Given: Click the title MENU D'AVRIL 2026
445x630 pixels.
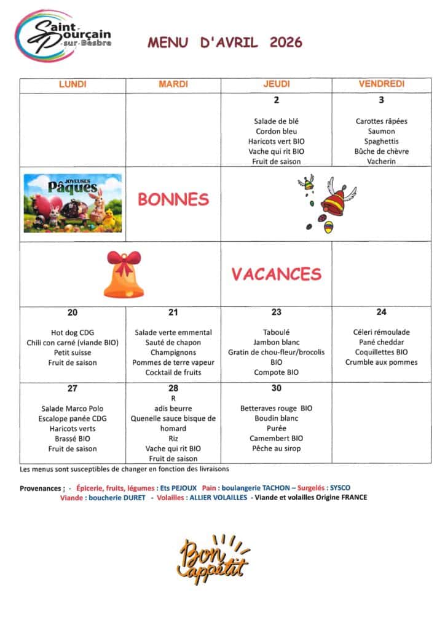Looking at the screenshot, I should click(x=224, y=42).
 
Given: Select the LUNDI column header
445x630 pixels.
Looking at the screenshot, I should click(x=73, y=84).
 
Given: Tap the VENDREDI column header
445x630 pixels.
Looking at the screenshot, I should click(x=381, y=84).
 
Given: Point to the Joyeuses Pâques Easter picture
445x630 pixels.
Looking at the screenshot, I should click(x=73, y=203).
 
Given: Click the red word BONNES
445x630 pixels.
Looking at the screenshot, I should click(x=173, y=199).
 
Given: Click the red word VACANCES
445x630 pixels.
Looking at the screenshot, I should click(x=276, y=274).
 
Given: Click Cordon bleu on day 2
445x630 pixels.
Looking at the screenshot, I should click(x=276, y=132).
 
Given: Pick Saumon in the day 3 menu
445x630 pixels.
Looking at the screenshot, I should click(x=381, y=132).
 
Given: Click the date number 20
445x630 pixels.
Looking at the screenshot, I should click(x=73, y=313).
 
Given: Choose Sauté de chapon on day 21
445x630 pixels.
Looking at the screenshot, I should click(x=173, y=343).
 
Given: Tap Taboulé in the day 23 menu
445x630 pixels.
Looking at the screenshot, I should click(x=276, y=333).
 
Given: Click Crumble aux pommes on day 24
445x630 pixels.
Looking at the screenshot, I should click(x=381, y=363).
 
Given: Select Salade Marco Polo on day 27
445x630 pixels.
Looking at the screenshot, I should click(x=73, y=409).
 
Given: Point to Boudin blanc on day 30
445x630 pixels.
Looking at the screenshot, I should click(x=276, y=419).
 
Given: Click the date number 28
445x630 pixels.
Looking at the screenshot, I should click(x=173, y=388).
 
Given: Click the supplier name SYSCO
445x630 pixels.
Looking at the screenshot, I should click(x=340, y=488).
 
